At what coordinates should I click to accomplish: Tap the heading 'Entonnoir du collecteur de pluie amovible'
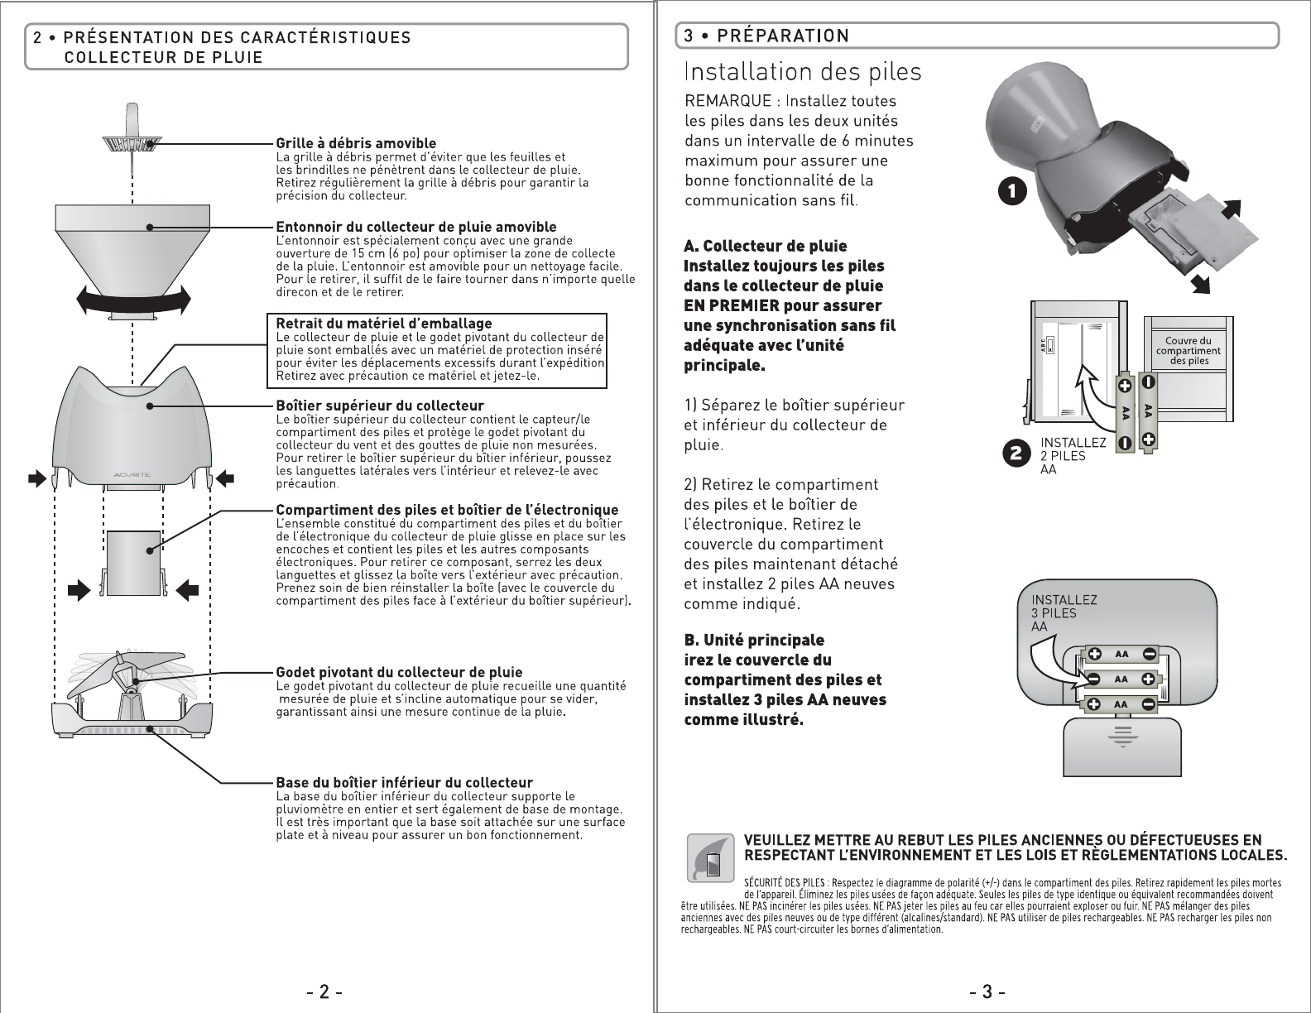coord(415,227)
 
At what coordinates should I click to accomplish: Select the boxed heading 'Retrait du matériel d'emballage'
coord(383,323)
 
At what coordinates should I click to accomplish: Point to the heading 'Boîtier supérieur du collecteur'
coord(379,406)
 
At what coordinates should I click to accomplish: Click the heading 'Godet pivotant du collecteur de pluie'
coord(399,672)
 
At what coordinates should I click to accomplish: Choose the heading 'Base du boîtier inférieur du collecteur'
coord(404,783)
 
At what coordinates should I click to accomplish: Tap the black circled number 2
coord(1016,454)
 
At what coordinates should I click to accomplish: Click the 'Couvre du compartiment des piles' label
coord(1188,351)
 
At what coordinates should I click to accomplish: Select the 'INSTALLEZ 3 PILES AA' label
coord(1064,613)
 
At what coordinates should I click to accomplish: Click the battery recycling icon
coord(710,857)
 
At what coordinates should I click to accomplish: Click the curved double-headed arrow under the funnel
coord(132,299)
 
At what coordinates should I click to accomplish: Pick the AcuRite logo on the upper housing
coord(132,474)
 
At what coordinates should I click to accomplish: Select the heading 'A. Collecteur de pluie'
coord(765,247)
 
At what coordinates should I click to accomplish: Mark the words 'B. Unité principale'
coord(753,641)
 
